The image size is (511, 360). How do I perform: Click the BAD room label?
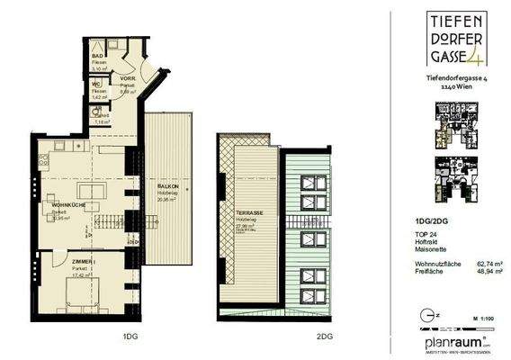click(97, 56)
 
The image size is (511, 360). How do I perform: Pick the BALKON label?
click(163, 186)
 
